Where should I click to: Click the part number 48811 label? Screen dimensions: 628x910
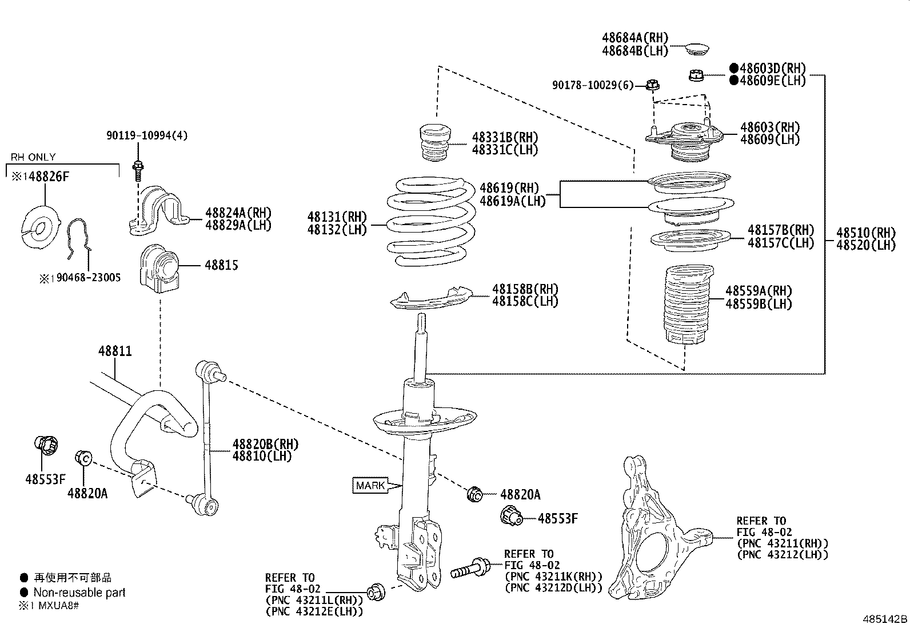coord(115,350)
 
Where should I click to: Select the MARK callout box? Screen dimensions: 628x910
coord(370,486)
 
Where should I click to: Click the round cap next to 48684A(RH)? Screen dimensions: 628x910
coord(697,48)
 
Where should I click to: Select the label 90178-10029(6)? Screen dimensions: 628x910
coord(593,85)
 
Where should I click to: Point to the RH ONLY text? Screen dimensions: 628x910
coord(33,157)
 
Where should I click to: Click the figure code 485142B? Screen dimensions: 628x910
coord(885,619)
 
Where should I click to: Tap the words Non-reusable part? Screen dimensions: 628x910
coord(79,593)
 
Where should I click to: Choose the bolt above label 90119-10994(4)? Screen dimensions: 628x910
coord(138,169)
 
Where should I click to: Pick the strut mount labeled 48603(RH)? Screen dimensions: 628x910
coord(686,140)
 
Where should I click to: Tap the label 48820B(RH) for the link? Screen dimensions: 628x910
coord(265,444)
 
